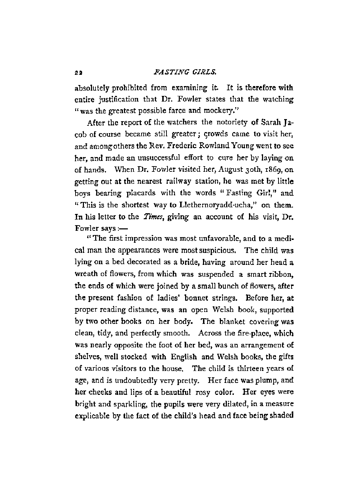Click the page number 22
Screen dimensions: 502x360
[78, 73]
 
